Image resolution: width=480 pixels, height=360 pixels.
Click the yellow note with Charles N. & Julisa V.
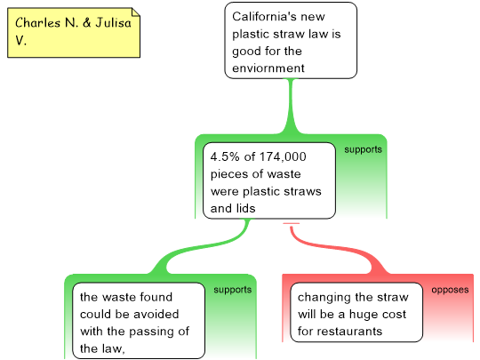coord(74,33)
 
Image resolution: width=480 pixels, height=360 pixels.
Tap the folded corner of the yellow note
coord(136,12)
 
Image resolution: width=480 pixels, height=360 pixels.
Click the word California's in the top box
coord(264,17)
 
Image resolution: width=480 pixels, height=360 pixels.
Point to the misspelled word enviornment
coord(268,68)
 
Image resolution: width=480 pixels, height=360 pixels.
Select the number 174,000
coord(283,156)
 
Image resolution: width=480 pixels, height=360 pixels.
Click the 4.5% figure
coord(225,156)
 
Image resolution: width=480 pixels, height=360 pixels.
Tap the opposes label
coord(450,290)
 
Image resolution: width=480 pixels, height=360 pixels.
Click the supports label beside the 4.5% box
coord(363,149)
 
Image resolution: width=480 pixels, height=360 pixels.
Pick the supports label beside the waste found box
coord(233,290)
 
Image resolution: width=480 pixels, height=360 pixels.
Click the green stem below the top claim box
coord(291,106)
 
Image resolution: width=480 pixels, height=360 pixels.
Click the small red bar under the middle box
coord(292,223)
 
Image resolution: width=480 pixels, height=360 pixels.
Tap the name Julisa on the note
coord(113,23)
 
